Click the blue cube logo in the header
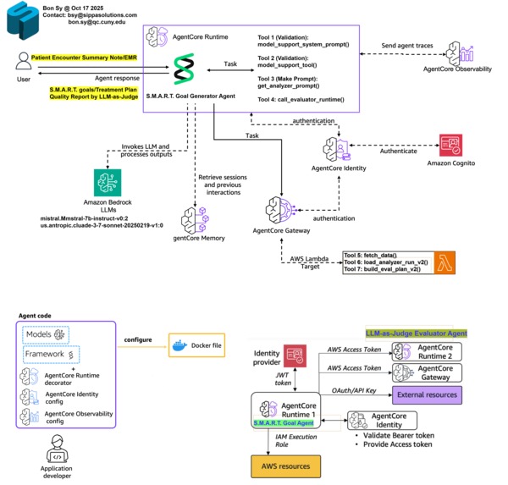[22, 22]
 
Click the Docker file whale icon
[180, 345]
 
